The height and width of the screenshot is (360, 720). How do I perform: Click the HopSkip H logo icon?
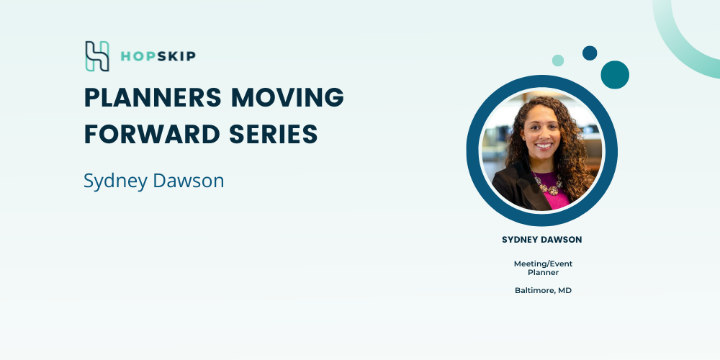tap(97, 56)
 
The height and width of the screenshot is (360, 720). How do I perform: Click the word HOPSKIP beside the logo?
tap(158, 56)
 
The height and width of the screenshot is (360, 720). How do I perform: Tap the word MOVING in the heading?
tap(287, 97)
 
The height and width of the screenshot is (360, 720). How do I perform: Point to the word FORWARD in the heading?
tap(152, 134)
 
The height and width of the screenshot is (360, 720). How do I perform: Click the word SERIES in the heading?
tap(273, 134)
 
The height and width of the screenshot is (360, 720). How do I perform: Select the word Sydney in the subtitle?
tap(115, 181)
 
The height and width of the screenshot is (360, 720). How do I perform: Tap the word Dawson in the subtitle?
tap(188, 181)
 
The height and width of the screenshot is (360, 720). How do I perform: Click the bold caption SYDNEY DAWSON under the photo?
tap(542, 240)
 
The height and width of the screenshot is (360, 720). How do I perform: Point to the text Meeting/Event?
tap(543, 264)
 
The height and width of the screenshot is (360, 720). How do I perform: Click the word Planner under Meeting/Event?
tap(543, 272)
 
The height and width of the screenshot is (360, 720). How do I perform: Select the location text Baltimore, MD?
tap(543, 291)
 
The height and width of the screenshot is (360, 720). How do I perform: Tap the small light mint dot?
tap(558, 60)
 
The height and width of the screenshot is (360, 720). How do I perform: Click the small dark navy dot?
tap(590, 53)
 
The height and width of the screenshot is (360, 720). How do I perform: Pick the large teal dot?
tap(615, 75)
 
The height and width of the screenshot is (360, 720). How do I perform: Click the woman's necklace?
tap(548, 184)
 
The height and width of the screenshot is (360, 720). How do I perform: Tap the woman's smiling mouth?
tap(544, 145)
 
